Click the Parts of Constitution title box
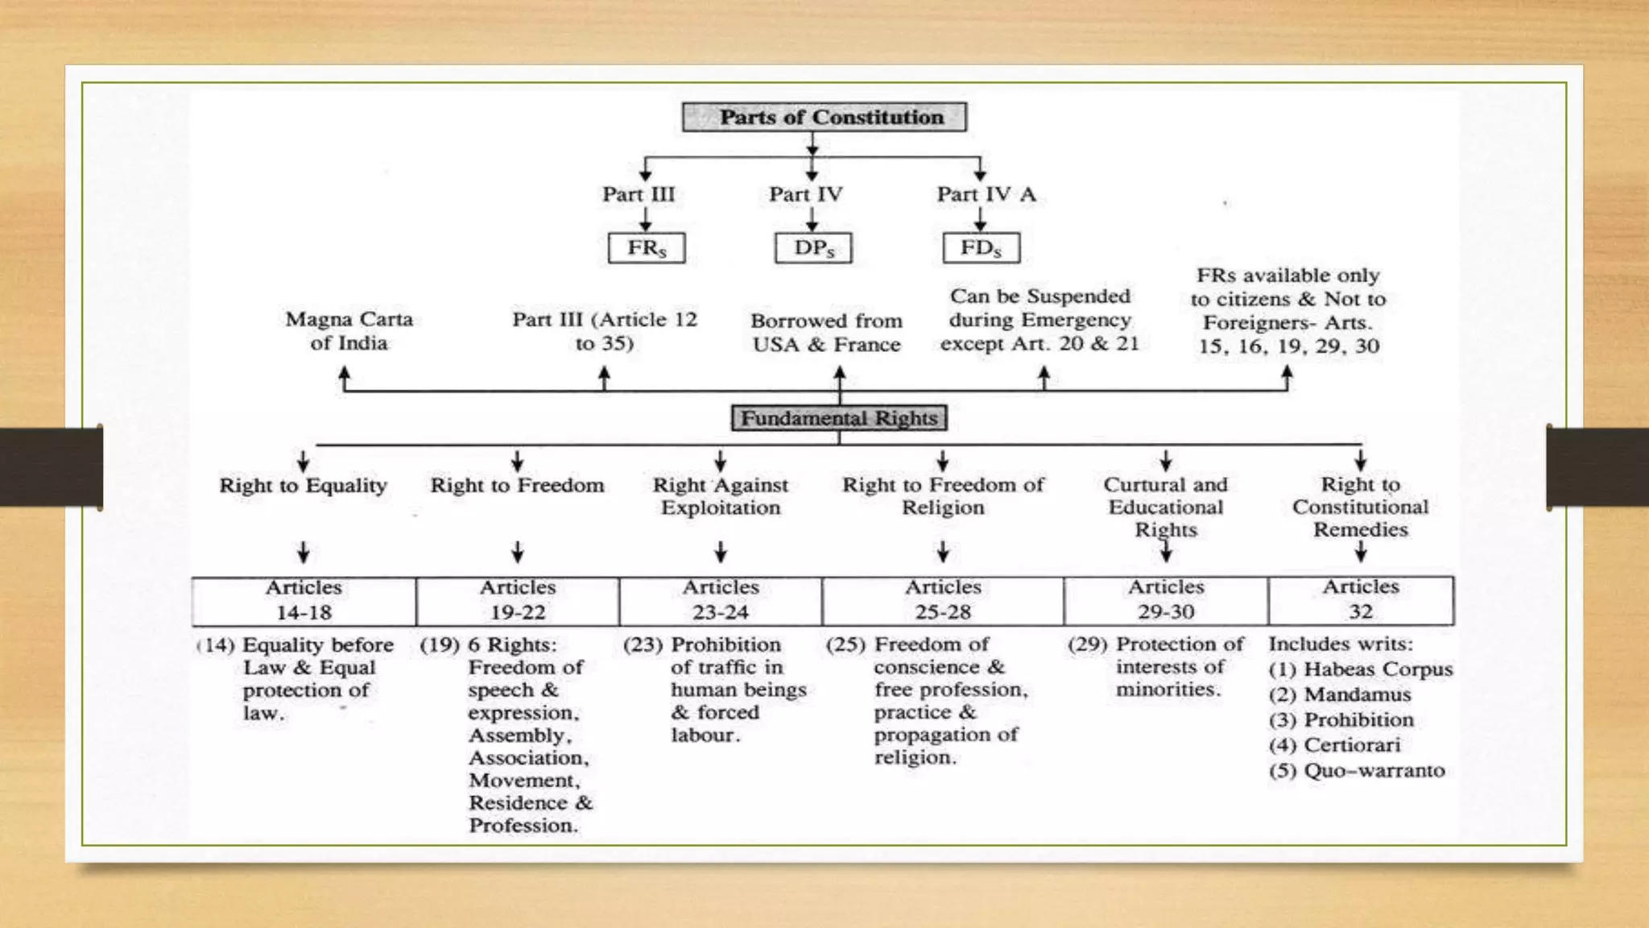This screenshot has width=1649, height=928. tap(824, 118)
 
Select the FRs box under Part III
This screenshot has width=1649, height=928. tap(647, 248)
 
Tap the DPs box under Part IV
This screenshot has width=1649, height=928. tap(813, 248)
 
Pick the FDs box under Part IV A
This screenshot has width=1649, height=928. tap(981, 248)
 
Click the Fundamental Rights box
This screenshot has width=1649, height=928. tap(839, 418)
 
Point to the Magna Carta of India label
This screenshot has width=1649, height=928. tap(349, 331)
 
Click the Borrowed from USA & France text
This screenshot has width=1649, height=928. tap(826, 333)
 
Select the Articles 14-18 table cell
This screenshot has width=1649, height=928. tap(304, 601)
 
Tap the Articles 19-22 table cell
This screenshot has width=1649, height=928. tap(518, 601)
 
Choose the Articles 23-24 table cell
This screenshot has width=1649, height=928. tap(721, 601)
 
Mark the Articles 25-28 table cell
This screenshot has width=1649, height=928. tap(943, 601)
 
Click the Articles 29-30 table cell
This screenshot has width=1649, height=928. tap(1166, 601)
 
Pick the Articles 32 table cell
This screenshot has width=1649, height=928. tap(1361, 601)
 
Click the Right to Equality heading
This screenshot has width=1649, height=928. tap(303, 486)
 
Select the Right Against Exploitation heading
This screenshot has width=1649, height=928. tap(721, 496)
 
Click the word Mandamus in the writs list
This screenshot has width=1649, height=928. tap(1357, 694)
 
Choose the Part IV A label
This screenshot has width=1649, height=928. tap(986, 195)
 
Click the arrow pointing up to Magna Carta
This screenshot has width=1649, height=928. tap(345, 376)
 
